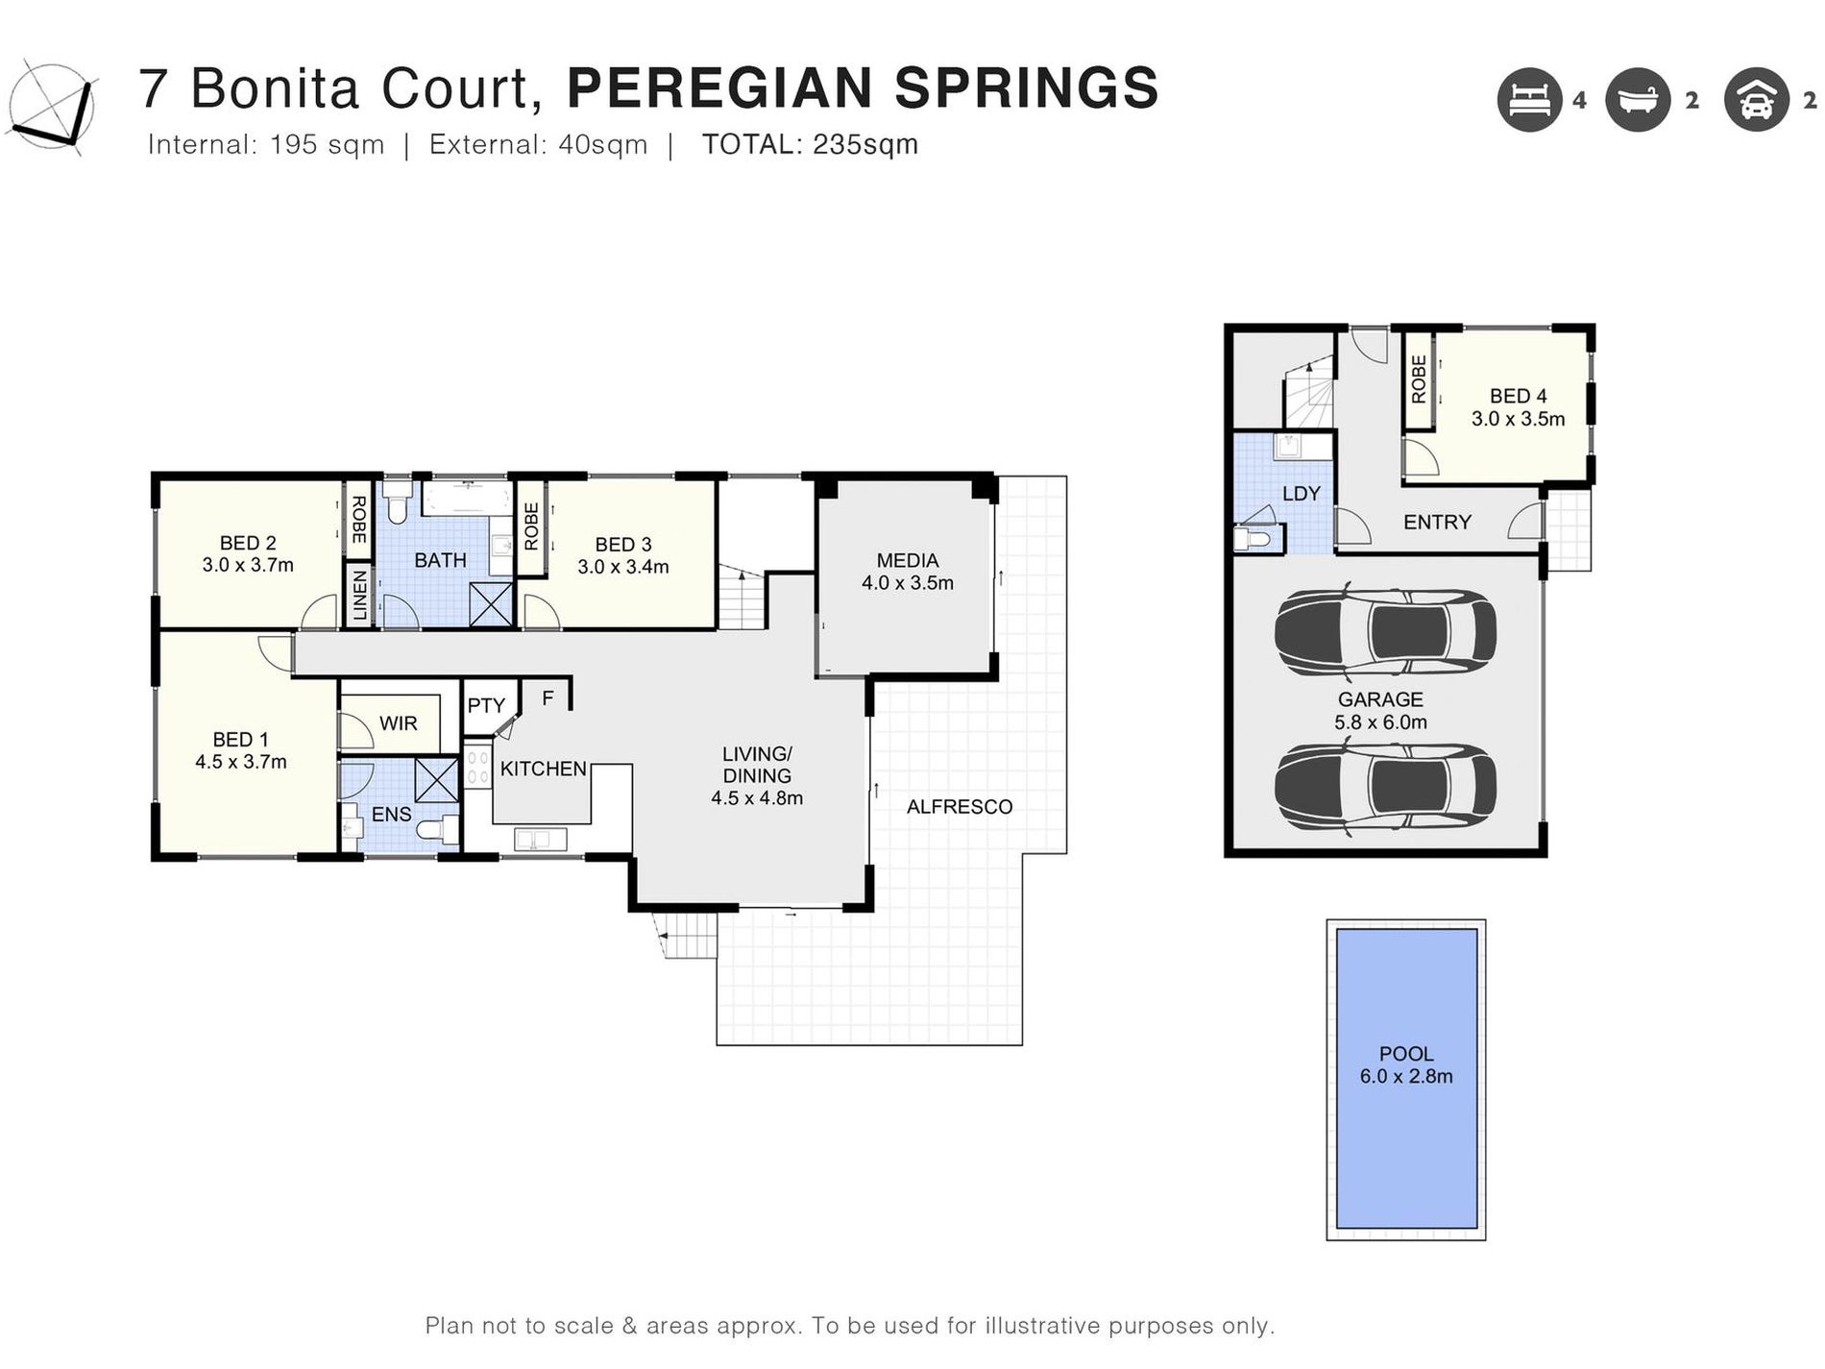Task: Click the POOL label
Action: coord(1405,1054)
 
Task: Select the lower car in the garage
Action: coord(1384,786)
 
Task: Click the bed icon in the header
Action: coord(1528,100)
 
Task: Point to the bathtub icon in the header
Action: coord(1638,100)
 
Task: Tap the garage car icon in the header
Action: coord(1755,100)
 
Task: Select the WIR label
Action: coord(398,723)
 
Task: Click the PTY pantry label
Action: coord(486,705)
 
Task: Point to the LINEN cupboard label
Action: coord(359,596)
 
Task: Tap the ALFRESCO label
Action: coord(959,807)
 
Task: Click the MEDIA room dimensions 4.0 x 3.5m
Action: coord(907,583)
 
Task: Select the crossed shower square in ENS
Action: coord(437,779)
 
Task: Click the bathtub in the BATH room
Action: coord(467,499)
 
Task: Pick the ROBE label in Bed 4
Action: coord(1418,379)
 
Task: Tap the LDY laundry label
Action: coord(1301,494)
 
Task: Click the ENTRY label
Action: coord(1436,523)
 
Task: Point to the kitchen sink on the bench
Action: coord(540,840)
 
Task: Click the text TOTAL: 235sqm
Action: coord(810,145)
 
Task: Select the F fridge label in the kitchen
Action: coord(547,698)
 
